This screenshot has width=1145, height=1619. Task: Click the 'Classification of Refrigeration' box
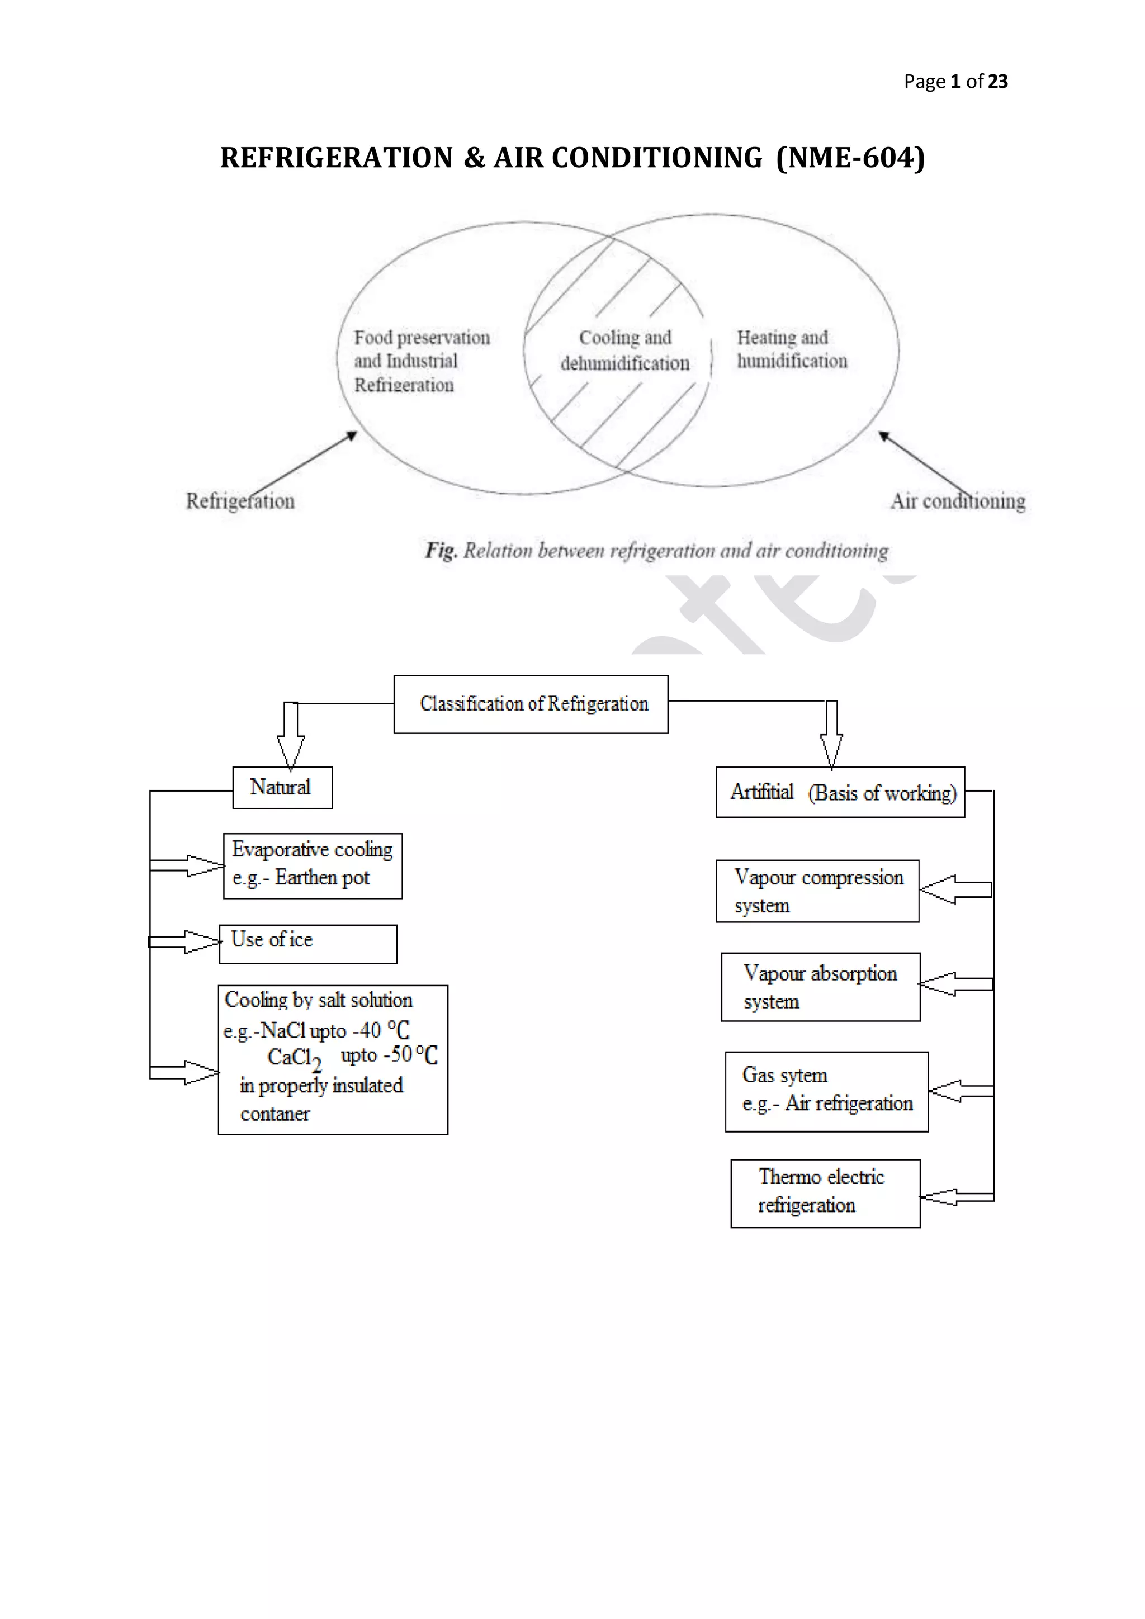pyautogui.click(x=530, y=704)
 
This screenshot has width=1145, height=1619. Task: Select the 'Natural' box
pyautogui.click(x=282, y=788)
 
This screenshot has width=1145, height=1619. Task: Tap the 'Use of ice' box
pyautogui.click(x=308, y=944)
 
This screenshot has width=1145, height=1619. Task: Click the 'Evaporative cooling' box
pyautogui.click(x=313, y=865)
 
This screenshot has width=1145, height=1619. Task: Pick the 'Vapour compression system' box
pyautogui.click(x=817, y=891)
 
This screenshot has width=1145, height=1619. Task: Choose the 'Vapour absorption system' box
pyautogui.click(x=820, y=987)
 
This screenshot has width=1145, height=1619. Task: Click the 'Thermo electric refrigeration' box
pyautogui.click(x=825, y=1193)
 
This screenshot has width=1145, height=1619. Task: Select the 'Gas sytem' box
pyautogui.click(x=826, y=1092)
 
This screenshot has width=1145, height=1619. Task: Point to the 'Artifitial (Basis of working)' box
pyautogui.click(x=840, y=792)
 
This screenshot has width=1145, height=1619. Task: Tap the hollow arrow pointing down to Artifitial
pyautogui.click(x=831, y=735)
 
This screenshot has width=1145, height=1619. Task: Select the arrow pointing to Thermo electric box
pyautogui.click(x=955, y=1196)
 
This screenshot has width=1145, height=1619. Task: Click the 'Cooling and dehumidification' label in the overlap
pyautogui.click(x=624, y=351)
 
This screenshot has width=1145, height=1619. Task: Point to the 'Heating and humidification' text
pyautogui.click(x=791, y=349)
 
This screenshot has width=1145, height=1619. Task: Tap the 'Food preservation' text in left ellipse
pyautogui.click(x=422, y=338)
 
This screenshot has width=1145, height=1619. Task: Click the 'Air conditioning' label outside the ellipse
pyautogui.click(x=958, y=501)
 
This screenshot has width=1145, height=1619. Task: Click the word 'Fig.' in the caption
pyautogui.click(x=441, y=550)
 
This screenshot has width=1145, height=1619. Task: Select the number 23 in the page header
pyautogui.click(x=997, y=82)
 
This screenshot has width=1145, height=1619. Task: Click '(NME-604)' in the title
pyautogui.click(x=850, y=158)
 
